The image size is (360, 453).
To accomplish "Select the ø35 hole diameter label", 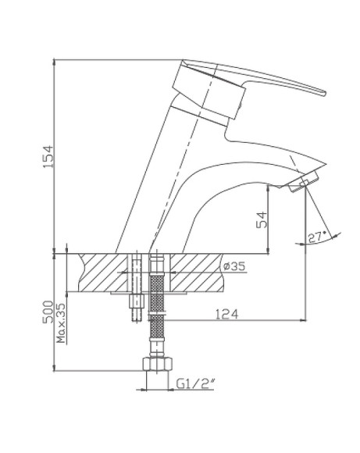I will click(x=234, y=266).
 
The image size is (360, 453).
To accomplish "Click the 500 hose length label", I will click(x=48, y=312).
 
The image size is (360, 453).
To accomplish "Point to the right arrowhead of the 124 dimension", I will click(x=302, y=320).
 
